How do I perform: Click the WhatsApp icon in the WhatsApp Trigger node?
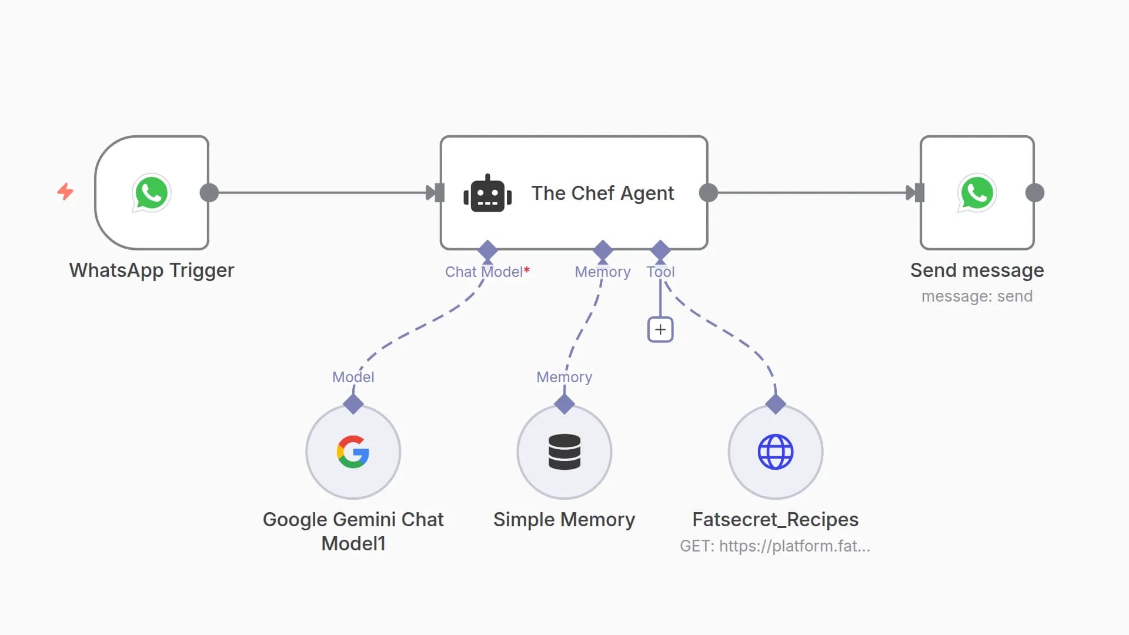point(151,193)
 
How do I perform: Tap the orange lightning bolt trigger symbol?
point(65,191)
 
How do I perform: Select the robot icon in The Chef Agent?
point(487,193)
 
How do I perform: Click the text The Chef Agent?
point(602,193)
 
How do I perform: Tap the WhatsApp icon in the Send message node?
point(977,193)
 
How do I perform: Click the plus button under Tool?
point(660,330)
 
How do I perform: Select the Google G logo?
point(353,452)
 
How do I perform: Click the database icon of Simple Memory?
point(564,452)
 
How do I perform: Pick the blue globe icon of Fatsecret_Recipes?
point(776,452)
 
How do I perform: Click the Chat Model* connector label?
point(487,272)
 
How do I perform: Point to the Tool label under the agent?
point(660,272)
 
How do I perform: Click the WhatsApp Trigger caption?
point(152,270)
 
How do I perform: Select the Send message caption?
point(977,270)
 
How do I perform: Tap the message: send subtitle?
point(977,296)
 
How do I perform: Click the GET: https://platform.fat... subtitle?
point(775,546)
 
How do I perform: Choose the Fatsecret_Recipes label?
point(775,519)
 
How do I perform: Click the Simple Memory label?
point(564,519)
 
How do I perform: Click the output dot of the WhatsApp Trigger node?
point(209,193)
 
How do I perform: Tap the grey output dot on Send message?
point(1035,193)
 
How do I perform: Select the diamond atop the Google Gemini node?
point(353,404)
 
